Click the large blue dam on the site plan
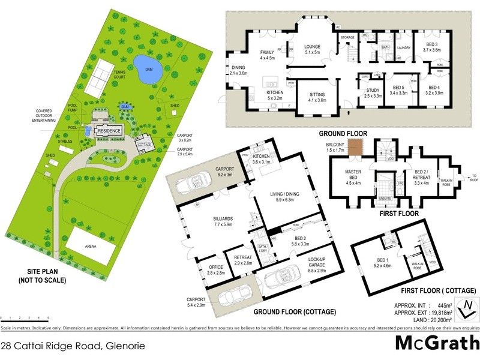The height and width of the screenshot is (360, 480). [145, 69]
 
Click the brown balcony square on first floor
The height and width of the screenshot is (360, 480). [356, 145]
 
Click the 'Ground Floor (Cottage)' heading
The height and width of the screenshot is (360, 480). [294, 313]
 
